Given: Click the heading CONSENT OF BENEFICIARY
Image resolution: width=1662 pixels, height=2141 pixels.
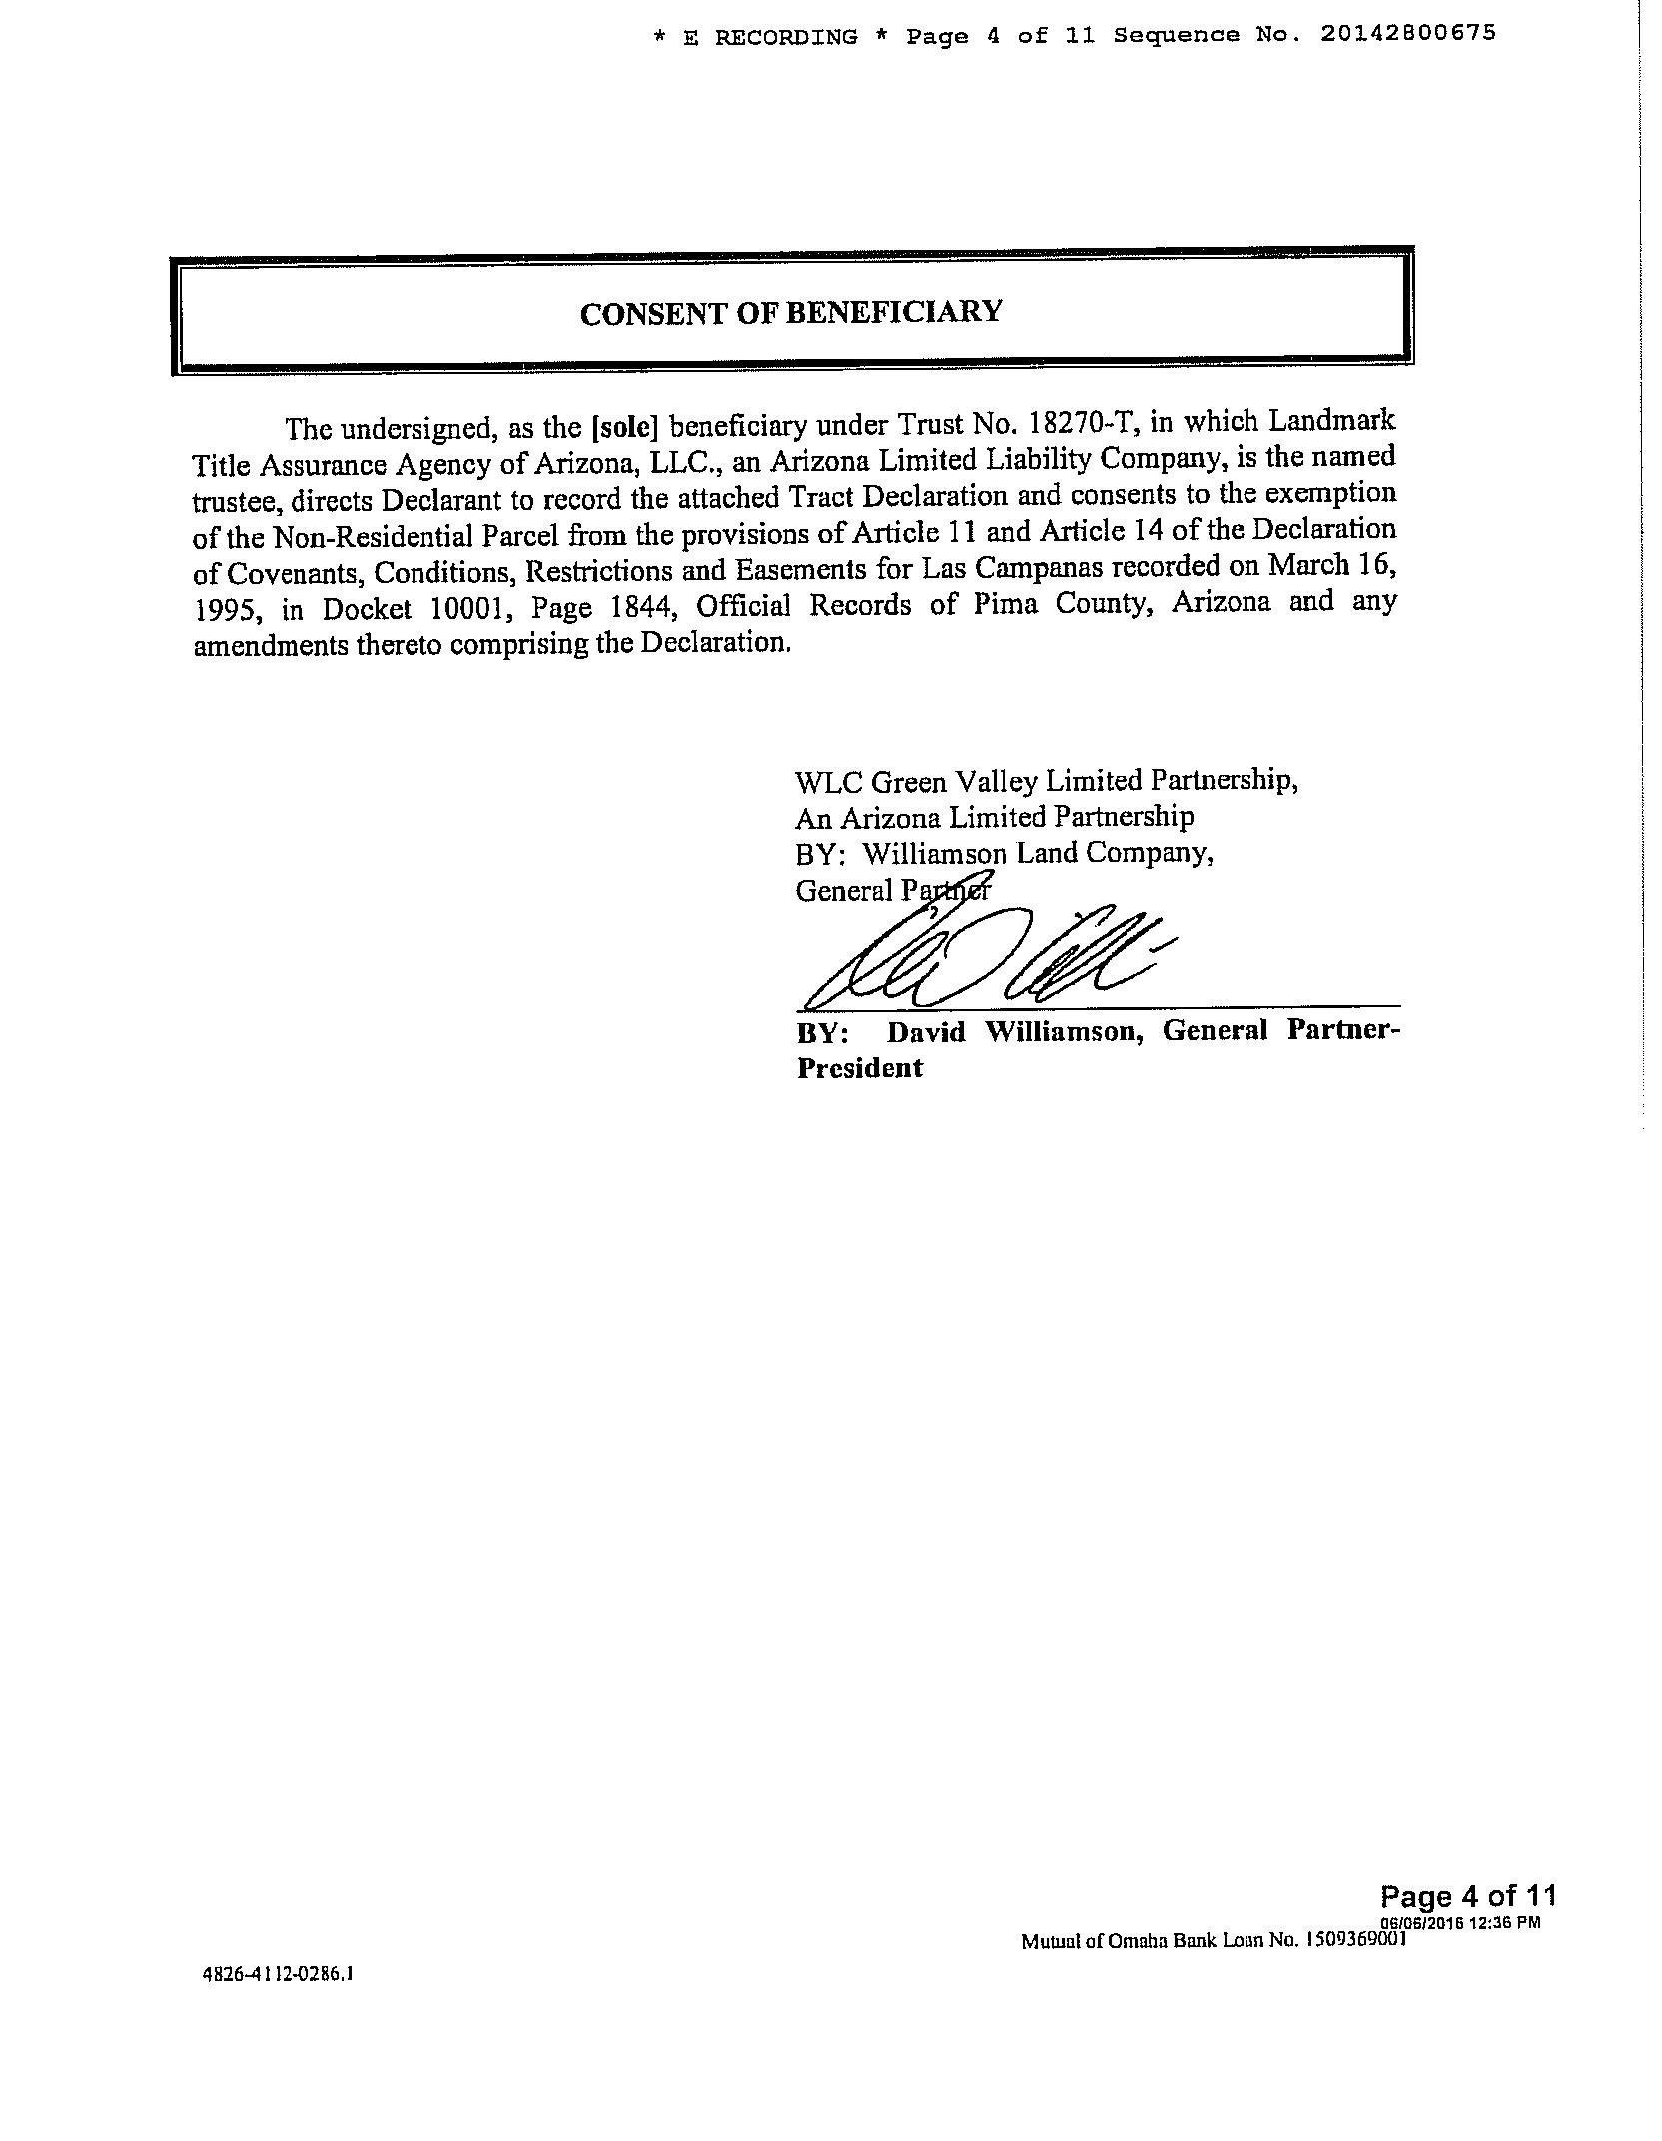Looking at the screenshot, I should click(790, 313).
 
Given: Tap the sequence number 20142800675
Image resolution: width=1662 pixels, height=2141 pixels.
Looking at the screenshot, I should click(1407, 33).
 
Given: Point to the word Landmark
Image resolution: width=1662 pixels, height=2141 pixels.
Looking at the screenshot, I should click(1331, 420).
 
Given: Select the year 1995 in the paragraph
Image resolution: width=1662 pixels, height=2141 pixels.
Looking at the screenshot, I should click(220, 609).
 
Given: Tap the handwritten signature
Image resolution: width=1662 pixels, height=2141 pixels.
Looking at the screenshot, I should click(984, 957).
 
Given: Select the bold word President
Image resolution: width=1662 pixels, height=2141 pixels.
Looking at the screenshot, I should click(859, 1068).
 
